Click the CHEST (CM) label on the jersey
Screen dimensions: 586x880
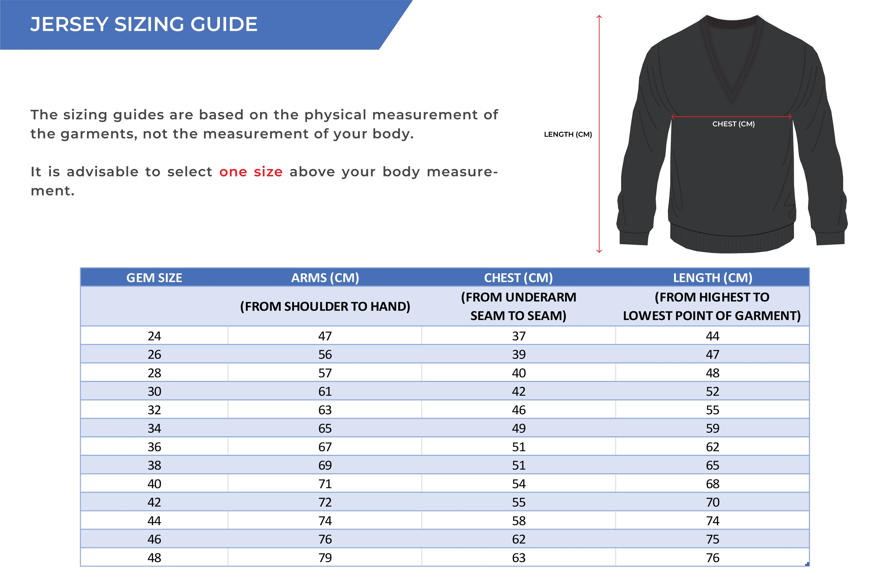[x=733, y=124]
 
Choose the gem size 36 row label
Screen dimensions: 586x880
[x=154, y=447]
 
